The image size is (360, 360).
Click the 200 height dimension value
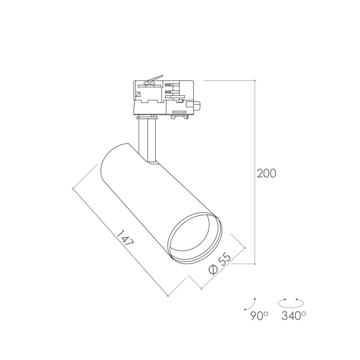pos(266,174)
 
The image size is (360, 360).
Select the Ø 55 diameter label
pos(220,263)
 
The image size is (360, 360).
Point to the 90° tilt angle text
pos(259,316)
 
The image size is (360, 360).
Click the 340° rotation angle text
pos(294,316)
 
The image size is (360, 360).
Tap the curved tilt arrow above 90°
pos(251,305)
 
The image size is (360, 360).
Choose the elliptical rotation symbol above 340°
pos(291,303)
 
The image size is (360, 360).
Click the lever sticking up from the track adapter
pos(156,78)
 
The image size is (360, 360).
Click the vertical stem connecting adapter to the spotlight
pos(147,140)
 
